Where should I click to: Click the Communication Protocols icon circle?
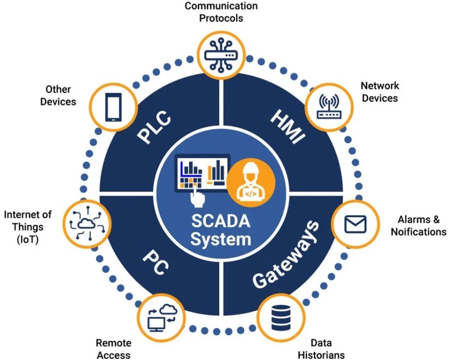pyautogui.click(x=222, y=54)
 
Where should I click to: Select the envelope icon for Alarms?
pyautogui.click(x=355, y=224)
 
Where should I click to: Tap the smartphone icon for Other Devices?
pyautogui.click(x=113, y=106)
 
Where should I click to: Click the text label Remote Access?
pyautogui.click(x=114, y=349)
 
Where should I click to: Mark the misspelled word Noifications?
pyautogui.click(x=418, y=232)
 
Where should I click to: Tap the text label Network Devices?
pyautogui.click(x=379, y=92)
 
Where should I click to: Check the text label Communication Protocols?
pyautogui.click(x=221, y=12)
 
